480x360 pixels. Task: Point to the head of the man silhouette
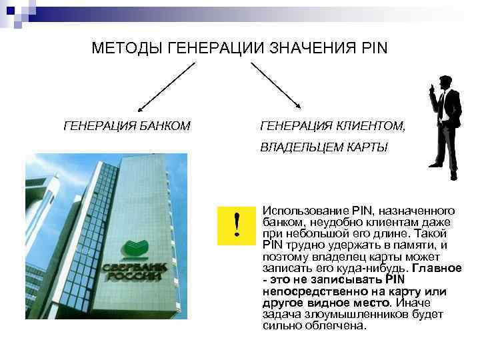pos(442,85)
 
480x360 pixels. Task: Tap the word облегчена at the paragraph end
pos(340,327)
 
